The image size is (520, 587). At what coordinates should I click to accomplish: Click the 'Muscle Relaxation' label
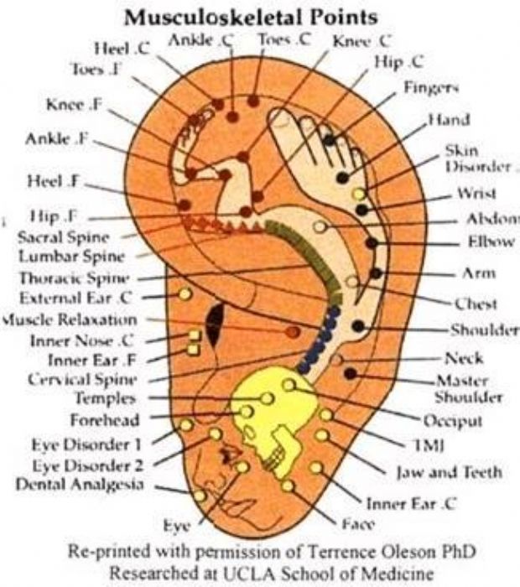pyautogui.click(x=70, y=320)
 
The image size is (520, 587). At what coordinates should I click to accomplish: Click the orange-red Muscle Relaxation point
pyautogui.click(x=291, y=332)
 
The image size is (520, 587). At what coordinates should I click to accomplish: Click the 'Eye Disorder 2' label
pyautogui.click(x=88, y=465)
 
